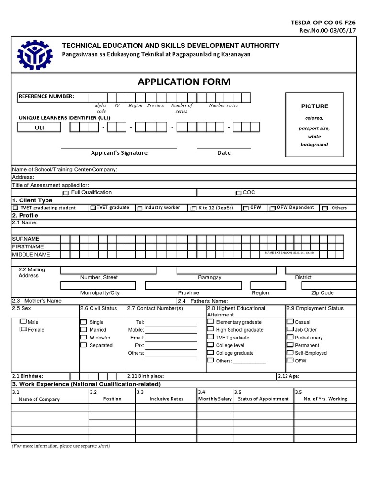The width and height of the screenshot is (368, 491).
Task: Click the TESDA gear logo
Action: point(35,58)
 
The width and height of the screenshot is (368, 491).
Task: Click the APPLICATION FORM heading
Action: point(184,82)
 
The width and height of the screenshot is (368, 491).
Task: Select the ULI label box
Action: point(39,128)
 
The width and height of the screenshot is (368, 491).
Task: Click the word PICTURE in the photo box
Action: point(314,106)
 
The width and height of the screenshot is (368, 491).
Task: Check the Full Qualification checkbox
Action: point(66,193)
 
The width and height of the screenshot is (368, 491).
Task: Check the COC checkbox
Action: point(239,193)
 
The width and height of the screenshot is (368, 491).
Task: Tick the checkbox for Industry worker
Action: point(140,208)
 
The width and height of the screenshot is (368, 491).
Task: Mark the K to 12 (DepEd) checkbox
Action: point(194,208)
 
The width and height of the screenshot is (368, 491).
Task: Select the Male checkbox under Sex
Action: point(23,322)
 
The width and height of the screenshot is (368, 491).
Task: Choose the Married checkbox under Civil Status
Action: point(83,330)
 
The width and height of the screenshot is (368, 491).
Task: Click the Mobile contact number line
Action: point(171,330)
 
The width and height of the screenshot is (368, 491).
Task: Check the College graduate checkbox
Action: point(210,352)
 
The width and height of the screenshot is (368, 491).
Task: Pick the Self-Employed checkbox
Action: point(290,352)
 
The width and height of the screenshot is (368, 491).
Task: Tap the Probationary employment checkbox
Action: point(290,337)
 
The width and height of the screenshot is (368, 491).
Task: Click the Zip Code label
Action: point(322,293)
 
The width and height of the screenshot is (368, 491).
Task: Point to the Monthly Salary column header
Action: point(215,399)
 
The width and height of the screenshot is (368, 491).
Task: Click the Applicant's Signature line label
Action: point(119,153)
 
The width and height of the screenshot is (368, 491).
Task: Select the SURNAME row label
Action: point(26,239)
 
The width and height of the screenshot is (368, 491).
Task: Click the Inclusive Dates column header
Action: point(166,399)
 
